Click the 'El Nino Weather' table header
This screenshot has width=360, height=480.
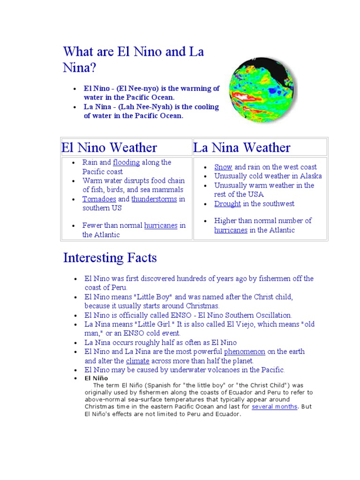click(x=109, y=148)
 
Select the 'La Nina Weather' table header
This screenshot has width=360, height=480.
click(x=242, y=148)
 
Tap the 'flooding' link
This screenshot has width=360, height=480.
click(x=126, y=163)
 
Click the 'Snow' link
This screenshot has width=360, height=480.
click(x=223, y=167)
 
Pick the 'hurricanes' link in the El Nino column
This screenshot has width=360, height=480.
click(x=161, y=225)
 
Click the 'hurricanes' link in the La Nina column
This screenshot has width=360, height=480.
click(x=231, y=230)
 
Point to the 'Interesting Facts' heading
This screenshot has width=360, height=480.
click(x=110, y=258)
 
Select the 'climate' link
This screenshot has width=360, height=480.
click(x=138, y=361)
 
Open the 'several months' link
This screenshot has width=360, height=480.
click(x=274, y=407)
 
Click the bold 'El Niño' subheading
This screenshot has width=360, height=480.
click(x=96, y=378)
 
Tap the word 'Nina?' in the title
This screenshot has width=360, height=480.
click(x=79, y=68)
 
